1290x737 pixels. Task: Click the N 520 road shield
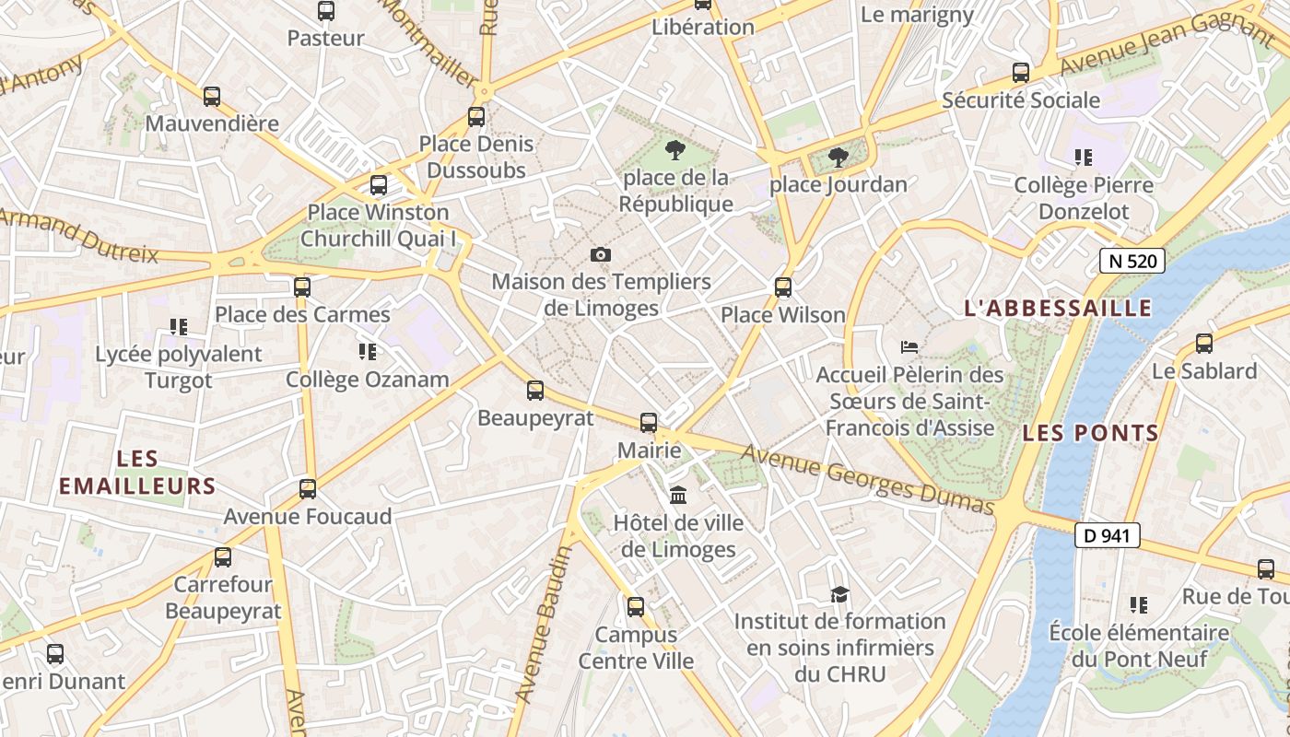(x=1132, y=261)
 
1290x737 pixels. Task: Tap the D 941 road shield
(x=1108, y=535)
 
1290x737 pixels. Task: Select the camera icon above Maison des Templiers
(x=601, y=254)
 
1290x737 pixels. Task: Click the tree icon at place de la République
(x=675, y=150)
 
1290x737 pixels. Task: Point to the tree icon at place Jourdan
(x=838, y=158)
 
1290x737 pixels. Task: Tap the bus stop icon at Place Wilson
(x=783, y=287)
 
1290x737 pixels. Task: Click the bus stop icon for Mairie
(x=649, y=423)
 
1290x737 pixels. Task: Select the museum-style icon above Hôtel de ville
(x=679, y=496)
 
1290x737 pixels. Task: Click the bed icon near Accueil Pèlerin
(x=909, y=347)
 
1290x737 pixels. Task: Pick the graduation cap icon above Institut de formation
(x=838, y=594)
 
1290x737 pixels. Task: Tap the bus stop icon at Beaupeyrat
(x=535, y=391)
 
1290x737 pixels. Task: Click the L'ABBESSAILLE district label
(x=1058, y=308)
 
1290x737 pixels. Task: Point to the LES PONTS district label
(x=1090, y=432)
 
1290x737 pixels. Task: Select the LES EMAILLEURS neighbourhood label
(x=138, y=473)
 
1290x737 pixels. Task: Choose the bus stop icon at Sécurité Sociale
(x=1021, y=73)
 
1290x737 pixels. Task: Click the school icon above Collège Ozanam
(x=368, y=352)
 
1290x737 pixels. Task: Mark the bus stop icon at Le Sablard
(x=1204, y=344)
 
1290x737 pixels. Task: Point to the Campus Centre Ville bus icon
(x=636, y=607)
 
